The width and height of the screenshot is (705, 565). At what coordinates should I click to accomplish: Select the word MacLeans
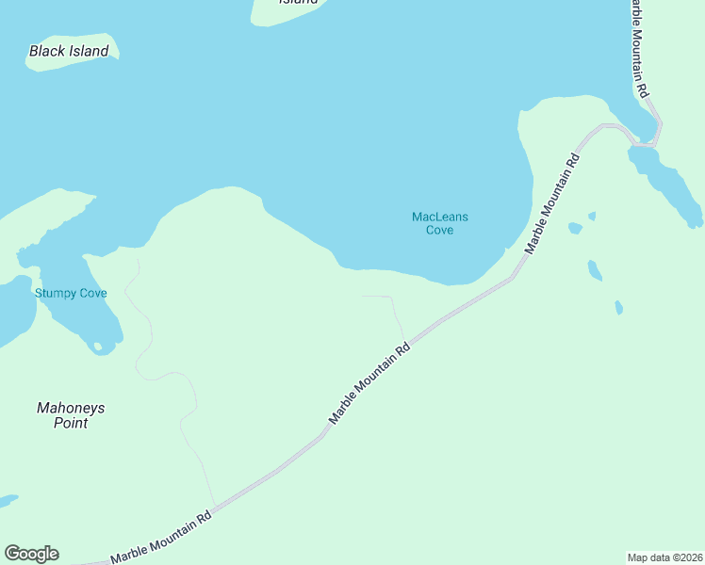click(x=439, y=218)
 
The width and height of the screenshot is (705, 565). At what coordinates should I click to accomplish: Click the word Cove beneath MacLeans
click(x=439, y=231)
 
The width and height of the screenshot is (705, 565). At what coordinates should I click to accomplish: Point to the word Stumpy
click(x=53, y=294)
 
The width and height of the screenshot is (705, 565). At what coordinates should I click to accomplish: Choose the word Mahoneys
click(x=71, y=409)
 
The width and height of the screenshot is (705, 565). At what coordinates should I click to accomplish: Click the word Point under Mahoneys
click(x=71, y=424)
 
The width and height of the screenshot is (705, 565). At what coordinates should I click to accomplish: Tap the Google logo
click(x=31, y=554)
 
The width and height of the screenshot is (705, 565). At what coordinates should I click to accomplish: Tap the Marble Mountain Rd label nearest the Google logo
click(x=161, y=539)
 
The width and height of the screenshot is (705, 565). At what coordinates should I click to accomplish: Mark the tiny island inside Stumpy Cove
click(x=97, y=347)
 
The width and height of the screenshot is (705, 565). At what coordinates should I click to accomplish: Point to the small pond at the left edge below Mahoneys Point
click(x=6, y=500)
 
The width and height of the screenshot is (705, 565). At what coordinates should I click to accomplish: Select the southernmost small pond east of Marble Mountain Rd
click(x=618, y=307)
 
